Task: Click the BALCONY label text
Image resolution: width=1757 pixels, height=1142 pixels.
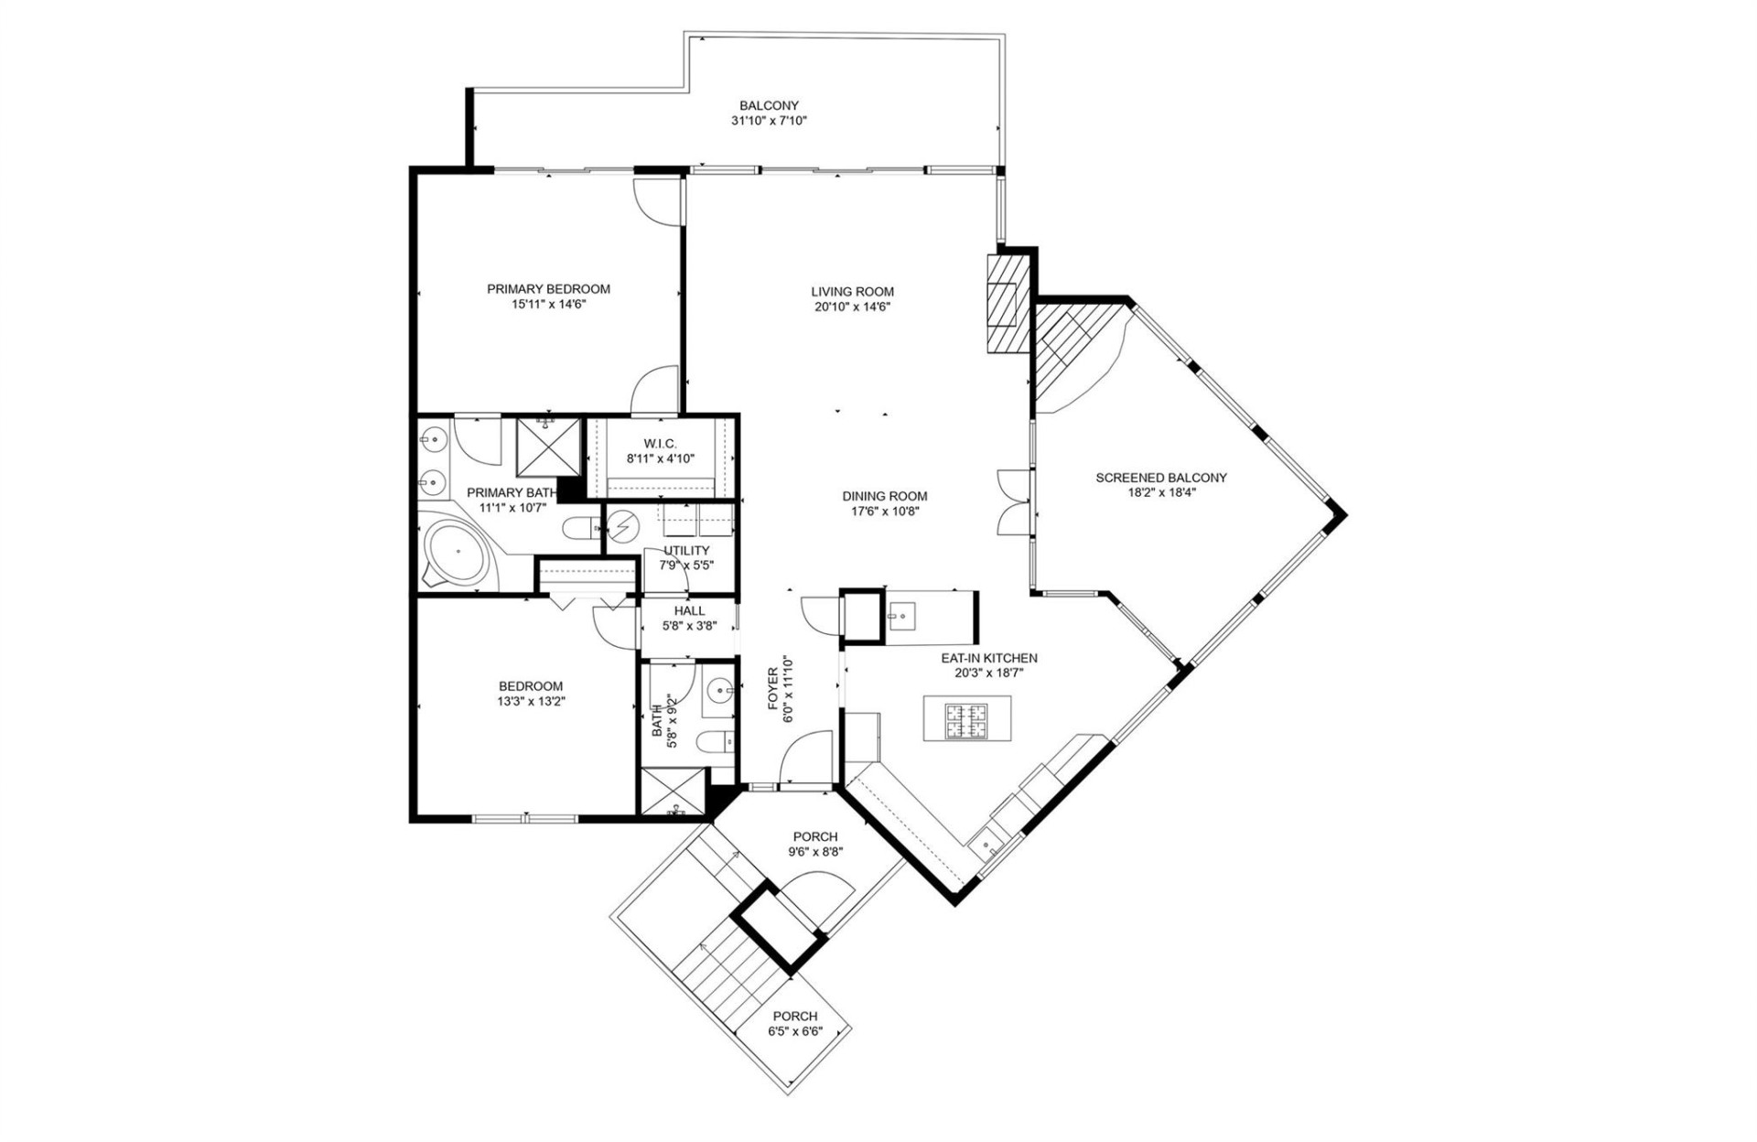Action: point(769,105)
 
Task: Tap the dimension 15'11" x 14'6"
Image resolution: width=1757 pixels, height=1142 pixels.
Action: point(548,304)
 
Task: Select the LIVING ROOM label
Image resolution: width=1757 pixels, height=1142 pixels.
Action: point(852,292)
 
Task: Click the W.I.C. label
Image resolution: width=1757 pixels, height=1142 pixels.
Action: point(660,444)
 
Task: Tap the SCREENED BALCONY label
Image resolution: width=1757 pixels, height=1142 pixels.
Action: point(1160,478)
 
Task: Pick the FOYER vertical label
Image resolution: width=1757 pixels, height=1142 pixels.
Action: point(772,688)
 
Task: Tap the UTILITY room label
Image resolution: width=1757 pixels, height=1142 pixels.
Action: point(686,550)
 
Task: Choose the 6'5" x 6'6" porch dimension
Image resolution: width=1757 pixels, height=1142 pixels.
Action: point(794,1031)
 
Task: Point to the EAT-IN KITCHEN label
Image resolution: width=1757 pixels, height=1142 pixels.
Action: point(988,658)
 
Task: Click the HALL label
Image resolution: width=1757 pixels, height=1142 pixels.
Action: point(689,611)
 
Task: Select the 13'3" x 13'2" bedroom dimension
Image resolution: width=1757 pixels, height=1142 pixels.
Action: point(531,702)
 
